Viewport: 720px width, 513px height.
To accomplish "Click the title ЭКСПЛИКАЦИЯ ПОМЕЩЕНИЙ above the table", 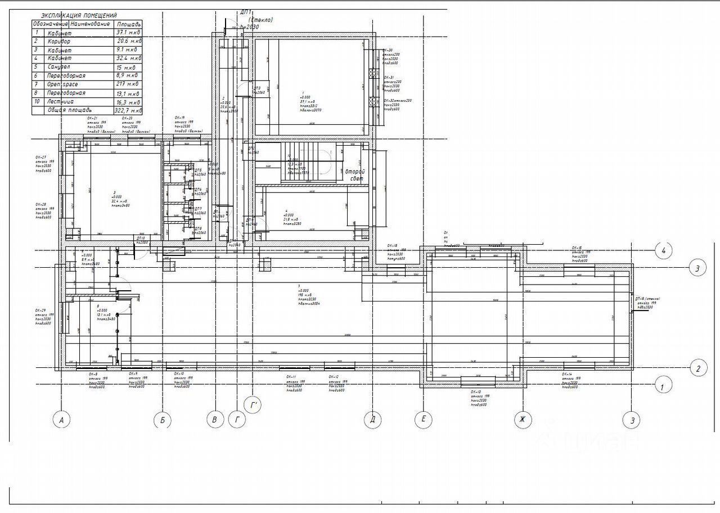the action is coord(83,16).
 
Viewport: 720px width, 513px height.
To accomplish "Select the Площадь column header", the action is coord(128,25).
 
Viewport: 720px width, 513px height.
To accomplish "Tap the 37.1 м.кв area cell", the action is coord(128,33).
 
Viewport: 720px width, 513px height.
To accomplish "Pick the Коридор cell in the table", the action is coord(59,42).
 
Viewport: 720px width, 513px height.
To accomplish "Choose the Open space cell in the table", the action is coord(62,84).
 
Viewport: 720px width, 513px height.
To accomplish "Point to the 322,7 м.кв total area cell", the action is coord(128,111).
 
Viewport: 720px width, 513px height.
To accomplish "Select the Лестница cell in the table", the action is coord(61,102).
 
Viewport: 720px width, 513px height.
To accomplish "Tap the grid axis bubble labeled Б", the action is coord(162,420).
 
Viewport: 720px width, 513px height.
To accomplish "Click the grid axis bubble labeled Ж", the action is coord(523,419).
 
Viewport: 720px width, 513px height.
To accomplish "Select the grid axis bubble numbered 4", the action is coord(664,250).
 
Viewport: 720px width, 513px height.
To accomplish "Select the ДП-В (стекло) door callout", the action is coord(647,303).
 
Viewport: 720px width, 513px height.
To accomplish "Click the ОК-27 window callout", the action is coord(44,163).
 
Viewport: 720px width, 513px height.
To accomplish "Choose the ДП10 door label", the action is coord(141,238).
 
